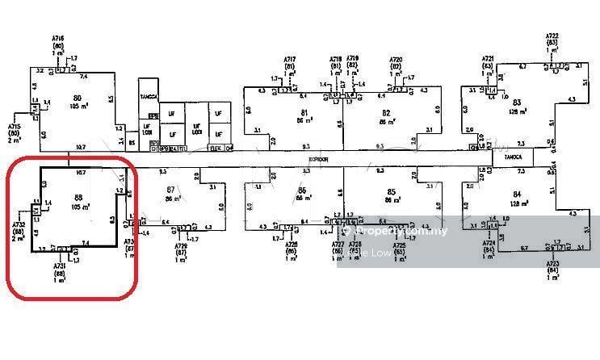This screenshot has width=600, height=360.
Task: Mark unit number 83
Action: tap(518, 103)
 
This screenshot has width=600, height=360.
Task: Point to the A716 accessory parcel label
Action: tap(58, 38)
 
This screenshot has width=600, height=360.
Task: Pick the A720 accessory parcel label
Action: tap(396, 59)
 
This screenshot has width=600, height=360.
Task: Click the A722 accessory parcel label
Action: tap(552, 37)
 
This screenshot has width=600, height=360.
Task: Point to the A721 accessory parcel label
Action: tap(488, 59)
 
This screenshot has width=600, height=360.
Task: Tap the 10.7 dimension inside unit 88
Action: tap(80, 173)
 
